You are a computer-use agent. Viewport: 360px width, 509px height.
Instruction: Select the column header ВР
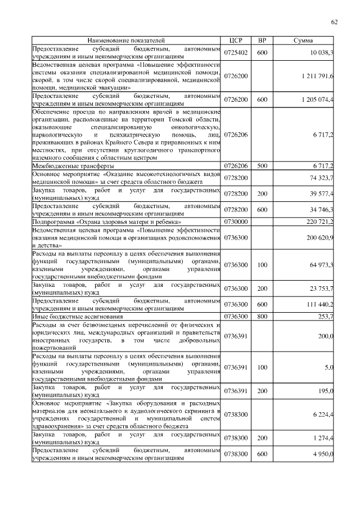(262, 41)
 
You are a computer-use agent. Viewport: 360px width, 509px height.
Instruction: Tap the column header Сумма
(304, 41)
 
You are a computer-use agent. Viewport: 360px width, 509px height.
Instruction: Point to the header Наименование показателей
(126, 41)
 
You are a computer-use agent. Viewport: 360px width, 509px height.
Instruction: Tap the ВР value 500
(262, 166)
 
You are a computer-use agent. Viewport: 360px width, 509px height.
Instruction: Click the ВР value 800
(262, 317)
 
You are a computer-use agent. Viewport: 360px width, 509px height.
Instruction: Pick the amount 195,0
(326, 391)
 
